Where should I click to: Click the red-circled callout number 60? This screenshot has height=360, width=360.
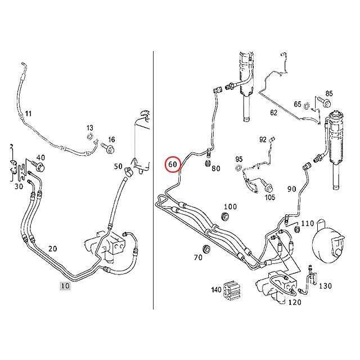coord(173,165)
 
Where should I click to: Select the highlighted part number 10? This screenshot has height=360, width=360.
coord(65,286)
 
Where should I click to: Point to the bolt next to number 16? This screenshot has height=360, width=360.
coord(109,149)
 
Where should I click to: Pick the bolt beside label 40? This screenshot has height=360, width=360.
coord(39,167)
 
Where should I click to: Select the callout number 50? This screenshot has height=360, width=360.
coord(118,166)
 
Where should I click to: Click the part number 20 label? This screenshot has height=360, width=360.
coord(53,249)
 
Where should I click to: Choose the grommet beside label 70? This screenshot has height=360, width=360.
coord(206,249)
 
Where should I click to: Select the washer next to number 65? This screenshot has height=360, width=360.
coord(307,105)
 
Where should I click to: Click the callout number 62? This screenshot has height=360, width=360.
coord(273,112)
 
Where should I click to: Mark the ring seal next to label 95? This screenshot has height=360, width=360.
coord(240,168)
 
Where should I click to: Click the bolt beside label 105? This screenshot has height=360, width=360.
coord(265,188)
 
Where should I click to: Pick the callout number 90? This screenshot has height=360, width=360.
coord(291,188)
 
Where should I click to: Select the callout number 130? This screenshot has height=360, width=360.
coord(325,286)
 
